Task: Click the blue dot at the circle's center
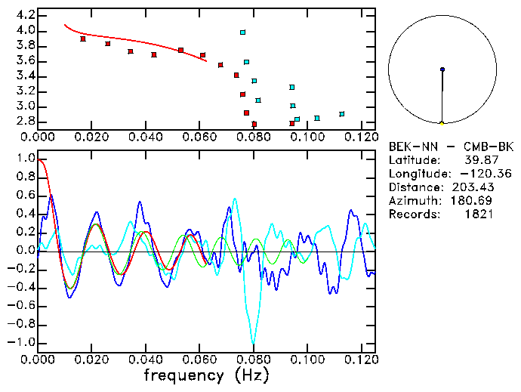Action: coord(442,69)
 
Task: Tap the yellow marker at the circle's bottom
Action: coord(442,122)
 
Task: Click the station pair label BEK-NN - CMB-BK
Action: coord(451,146)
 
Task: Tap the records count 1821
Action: coord(479,214)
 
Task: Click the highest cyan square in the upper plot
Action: coord(242,32)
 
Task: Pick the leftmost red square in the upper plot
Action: coord(83,39)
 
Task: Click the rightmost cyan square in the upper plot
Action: coord(342,114)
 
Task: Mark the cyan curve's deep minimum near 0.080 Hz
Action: coord(254,341)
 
